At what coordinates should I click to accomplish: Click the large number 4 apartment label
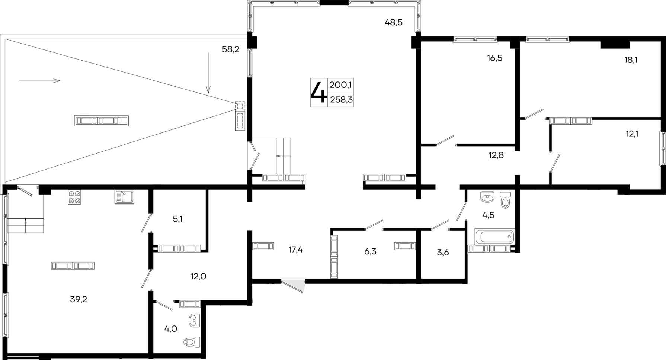coord(318,92)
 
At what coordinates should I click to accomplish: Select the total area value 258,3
coord(341,100)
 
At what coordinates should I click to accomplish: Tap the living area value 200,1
coord(341,85)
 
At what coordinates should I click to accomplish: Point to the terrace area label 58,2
coord(230,49)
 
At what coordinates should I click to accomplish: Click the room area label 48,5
coord(393,23)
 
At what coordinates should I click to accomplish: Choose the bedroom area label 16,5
coord(494,58)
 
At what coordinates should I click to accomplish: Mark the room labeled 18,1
coord(631,60)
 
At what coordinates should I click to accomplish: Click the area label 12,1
coord(632,134)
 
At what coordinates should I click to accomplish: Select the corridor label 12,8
coord(496,155)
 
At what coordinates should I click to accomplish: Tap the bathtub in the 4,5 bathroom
coord(494,237)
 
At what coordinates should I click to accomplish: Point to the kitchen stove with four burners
coord(74,197)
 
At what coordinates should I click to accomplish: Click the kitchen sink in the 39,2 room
coord(124,197)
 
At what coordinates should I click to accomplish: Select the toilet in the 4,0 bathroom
coord(192,342)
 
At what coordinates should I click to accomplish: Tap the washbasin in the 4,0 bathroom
coord(194,320)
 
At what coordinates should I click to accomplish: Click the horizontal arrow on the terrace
coord(39,81)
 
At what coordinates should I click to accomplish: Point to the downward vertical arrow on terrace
coord(208,73)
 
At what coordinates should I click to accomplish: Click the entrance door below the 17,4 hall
coord(293,286)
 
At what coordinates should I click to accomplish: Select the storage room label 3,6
coord(443,253)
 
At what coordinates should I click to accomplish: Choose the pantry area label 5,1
coord(177,219)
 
